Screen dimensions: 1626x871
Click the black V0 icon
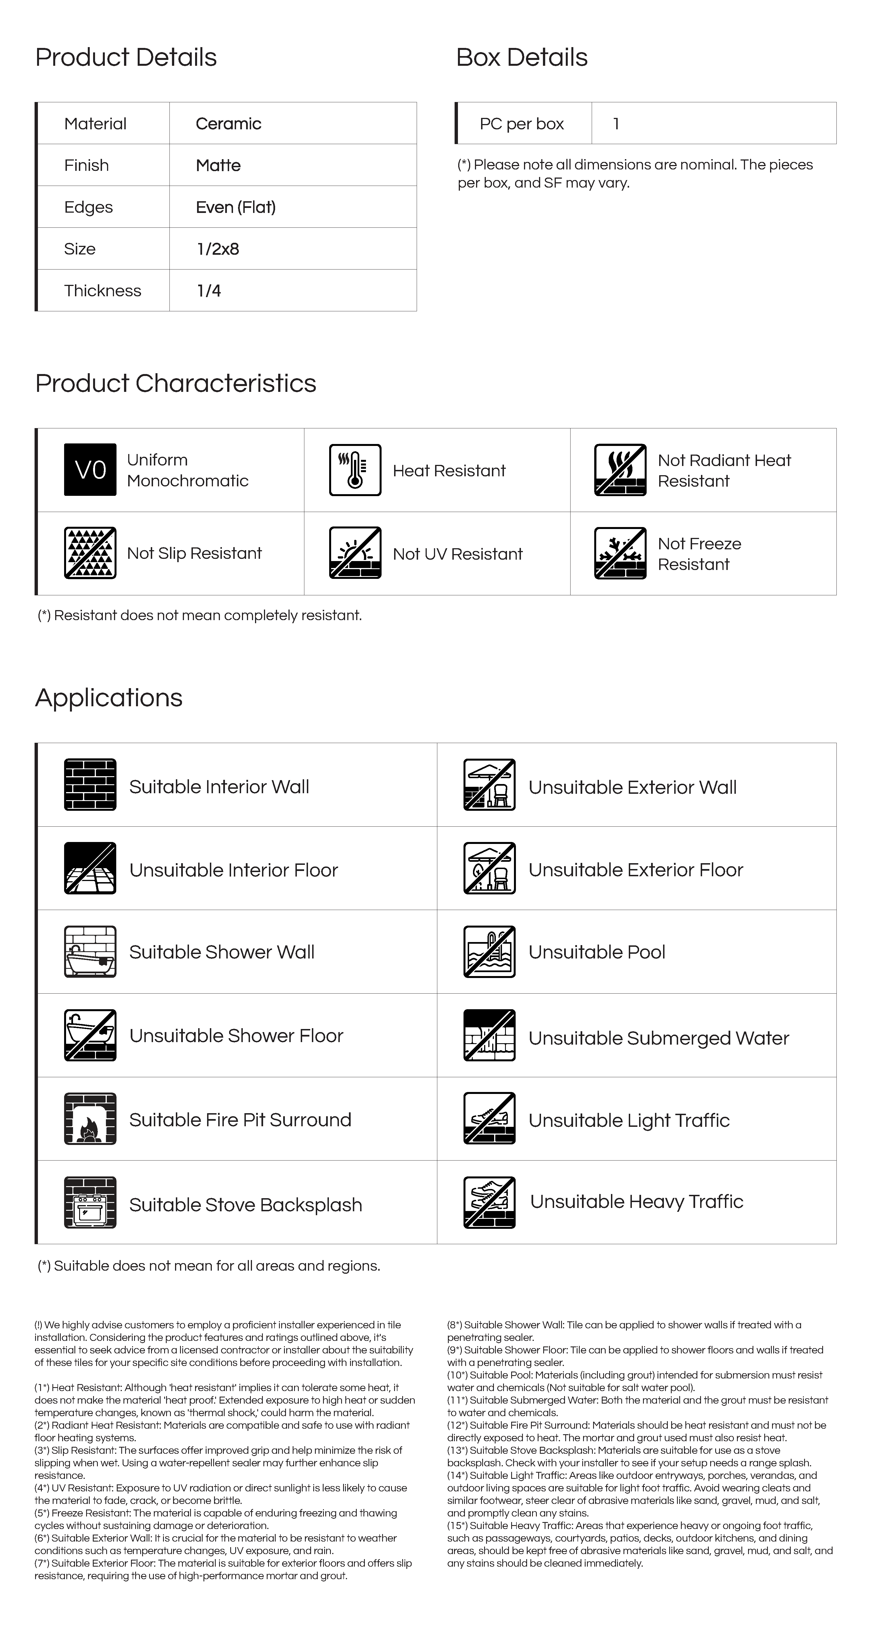(x=90, y=470)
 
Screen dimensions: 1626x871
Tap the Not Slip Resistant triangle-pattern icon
(x=90, y=553)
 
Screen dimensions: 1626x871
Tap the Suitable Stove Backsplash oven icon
(x=90, y=1202)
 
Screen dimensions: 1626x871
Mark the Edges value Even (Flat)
(x=236, y=207)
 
